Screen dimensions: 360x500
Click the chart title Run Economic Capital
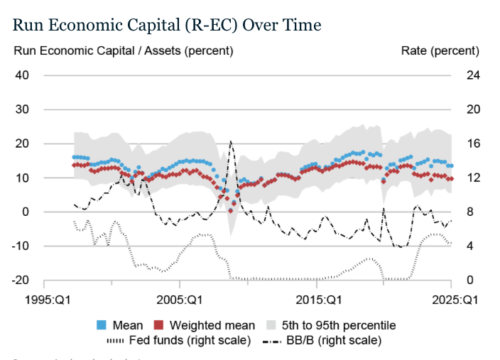coord(167,25)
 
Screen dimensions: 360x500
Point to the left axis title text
coord(124,51)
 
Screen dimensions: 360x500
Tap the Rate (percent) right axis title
coord(440,51)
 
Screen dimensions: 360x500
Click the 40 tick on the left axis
coord(21,75)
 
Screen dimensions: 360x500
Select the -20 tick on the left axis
coord(19,280)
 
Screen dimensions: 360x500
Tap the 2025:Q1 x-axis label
coord(455,300)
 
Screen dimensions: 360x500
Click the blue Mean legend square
coord(102,325)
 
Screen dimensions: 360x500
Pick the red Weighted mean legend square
coord(163,325)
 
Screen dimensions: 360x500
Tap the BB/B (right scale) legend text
coord(338,340)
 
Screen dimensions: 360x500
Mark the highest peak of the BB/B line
coord(231,141)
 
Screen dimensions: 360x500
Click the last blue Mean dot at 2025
coord(452,165)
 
